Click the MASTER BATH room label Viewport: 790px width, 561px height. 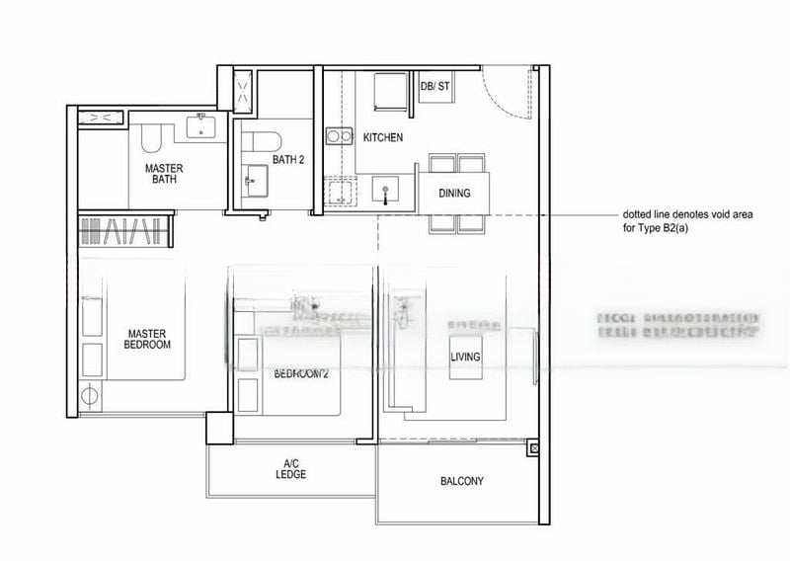pyautogui.click(x=163, y=174)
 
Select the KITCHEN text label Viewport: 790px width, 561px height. pyautogui.click(x=382, y=138)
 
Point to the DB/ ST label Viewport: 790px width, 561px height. pyautogui.click(x=434, y=87)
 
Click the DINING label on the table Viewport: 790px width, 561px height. pyautogui.click(x=454, y=194)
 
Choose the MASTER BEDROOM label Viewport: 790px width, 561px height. pyautogui.click(x=147, y=339)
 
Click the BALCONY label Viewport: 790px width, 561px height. pyautogui.click(x=461, y=482)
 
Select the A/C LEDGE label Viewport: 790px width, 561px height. pyautogui.click(x=291, y=469)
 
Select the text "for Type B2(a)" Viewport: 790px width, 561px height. pyautogui.click(x=659, y=229)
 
